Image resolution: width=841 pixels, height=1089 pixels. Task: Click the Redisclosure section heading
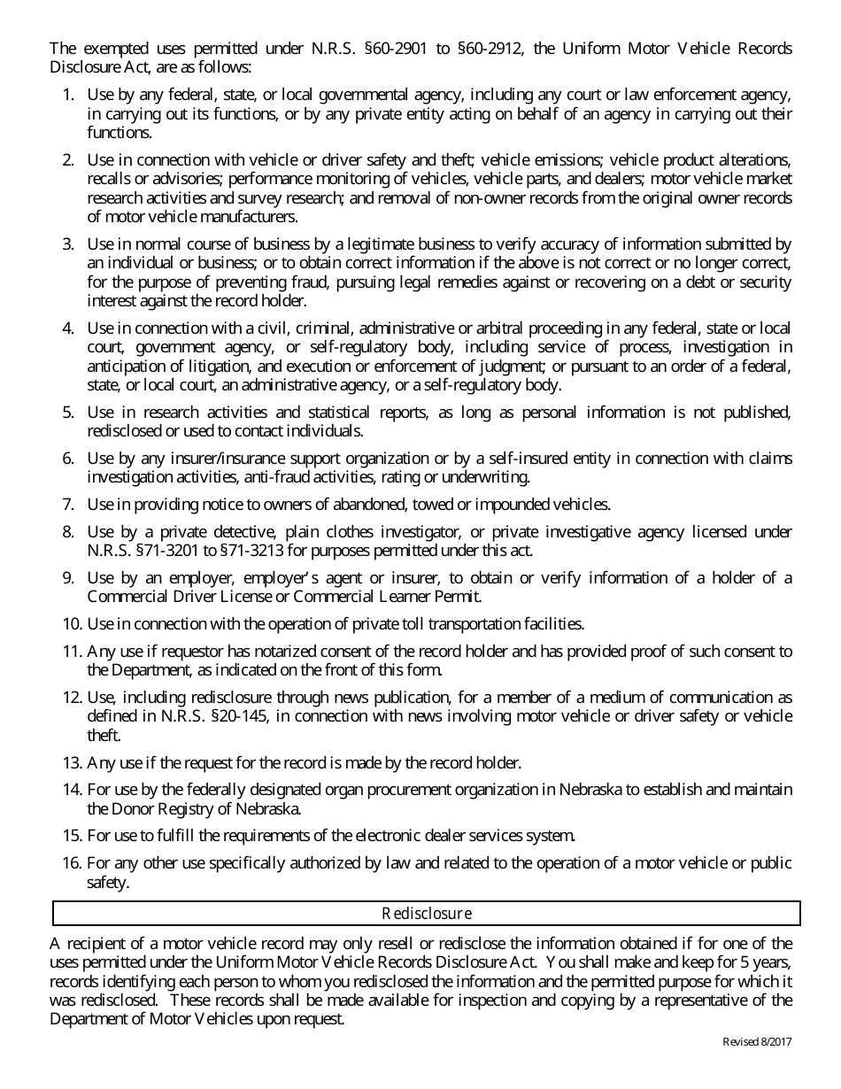pos(427,913)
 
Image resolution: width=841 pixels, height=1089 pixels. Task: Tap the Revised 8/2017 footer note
pos(757,1042)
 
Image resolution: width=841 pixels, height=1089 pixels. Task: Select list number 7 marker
pos(68,505)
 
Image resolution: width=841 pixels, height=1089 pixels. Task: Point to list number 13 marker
pos(72,762)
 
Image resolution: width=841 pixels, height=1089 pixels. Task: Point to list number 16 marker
pos(72,863)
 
